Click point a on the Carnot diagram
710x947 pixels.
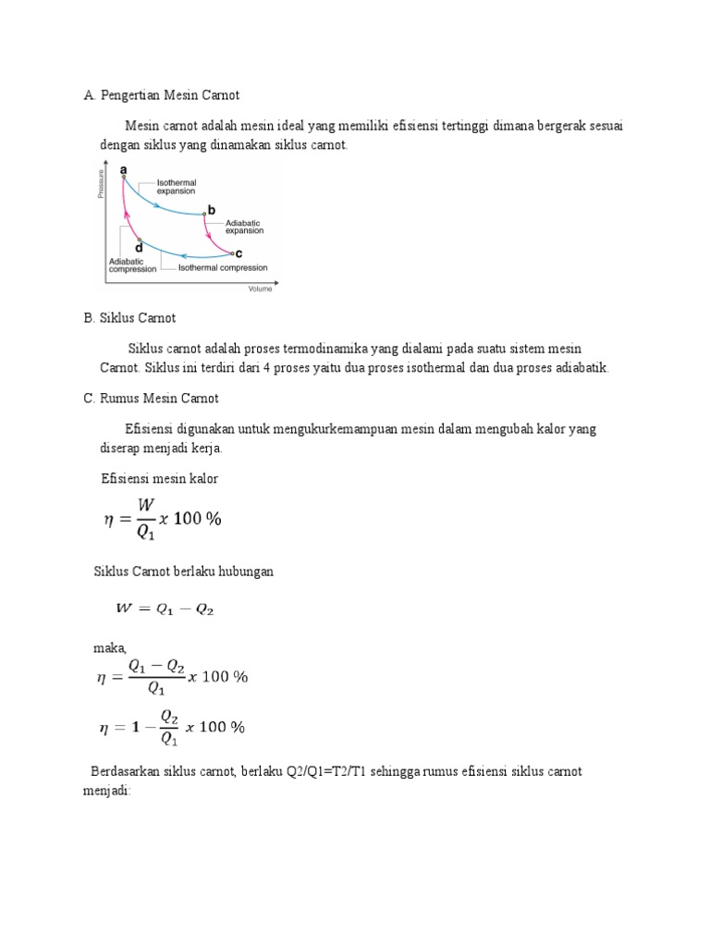[x=124, y=176]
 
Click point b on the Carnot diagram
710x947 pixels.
[x=204, y=214]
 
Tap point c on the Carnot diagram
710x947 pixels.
[x=231, y=252]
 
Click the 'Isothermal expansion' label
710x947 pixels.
[x=176, y=187]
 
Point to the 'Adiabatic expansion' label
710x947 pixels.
[x=244, y=228]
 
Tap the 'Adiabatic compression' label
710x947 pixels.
[x=130, y=265]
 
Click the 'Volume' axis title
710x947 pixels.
[x=261, y=289]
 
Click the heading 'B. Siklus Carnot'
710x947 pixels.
[x=129, y=318]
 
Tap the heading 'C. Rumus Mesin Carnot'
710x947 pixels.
[x=151, y=399]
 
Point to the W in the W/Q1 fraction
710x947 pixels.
[x=146, y=505]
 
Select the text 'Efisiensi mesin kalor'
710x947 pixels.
[x=159, y=478]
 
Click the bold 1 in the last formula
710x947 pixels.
[x=135, y=727]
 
